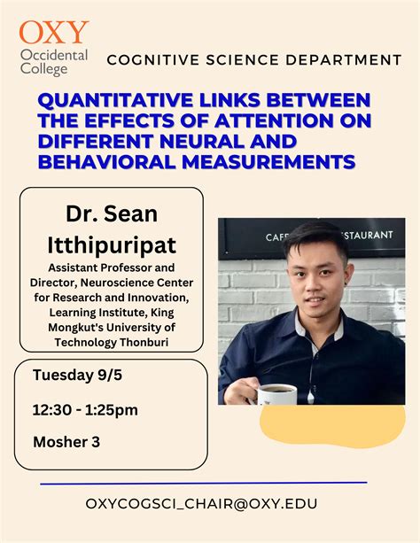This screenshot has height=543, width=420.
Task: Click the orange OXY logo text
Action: [54, 33]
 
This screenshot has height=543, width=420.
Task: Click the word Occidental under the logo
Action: [53, 54]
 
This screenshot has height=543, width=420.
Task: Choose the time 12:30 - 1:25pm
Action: [85, 409]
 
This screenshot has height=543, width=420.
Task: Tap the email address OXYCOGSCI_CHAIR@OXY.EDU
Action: [201, 503]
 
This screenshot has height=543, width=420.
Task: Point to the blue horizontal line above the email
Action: [203, 484]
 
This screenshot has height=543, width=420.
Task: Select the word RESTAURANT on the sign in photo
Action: [356, 236]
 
